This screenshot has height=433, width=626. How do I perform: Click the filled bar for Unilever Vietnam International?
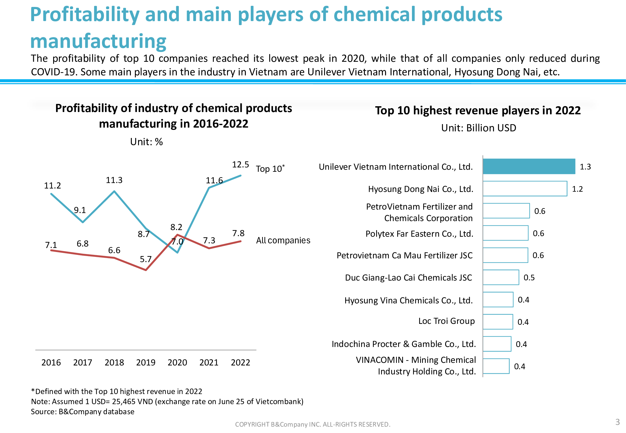click(529, 167)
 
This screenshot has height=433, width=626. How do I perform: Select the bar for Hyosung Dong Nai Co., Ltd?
click(525, 189)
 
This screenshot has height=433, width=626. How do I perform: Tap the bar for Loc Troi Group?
click(498, 322)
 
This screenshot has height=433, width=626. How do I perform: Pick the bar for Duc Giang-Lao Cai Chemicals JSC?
click(501, 277)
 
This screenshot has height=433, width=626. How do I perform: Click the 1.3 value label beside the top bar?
click(585, 167)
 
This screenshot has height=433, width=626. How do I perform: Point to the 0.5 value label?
click(529, 278)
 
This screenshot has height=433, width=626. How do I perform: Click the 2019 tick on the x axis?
click(146, 363)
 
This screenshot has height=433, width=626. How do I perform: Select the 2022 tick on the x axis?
click(240, 363)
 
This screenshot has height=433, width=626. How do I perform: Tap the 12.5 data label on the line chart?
click(240, 165)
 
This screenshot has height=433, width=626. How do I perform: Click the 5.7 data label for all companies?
click(146, 259)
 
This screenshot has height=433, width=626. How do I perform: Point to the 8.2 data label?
click(176, 227)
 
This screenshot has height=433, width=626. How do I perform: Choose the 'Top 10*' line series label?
click(270, 169)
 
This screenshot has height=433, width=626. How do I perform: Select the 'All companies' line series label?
click(283, 240)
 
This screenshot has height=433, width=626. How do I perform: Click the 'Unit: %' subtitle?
click(146, 142)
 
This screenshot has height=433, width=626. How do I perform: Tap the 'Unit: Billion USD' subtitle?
click(478, 128)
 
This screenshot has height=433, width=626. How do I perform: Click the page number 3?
click(618, 422)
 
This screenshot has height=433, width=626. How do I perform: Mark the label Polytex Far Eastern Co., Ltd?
click(419, 234)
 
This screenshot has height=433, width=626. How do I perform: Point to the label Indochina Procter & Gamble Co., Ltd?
click(404, 344)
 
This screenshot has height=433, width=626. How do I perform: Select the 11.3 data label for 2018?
click(114, 180)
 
